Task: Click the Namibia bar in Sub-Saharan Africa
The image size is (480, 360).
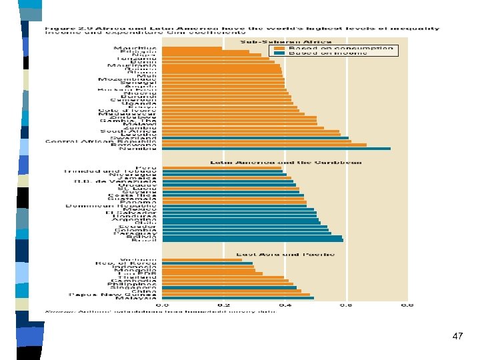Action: (x=276, y=149)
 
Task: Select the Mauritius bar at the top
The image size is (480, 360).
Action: (x=193, y=48)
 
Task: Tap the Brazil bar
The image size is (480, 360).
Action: (x=253, y=239)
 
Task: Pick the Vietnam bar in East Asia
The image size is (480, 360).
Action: (x=193, y=259)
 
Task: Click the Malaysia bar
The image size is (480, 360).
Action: (x=238, y=298)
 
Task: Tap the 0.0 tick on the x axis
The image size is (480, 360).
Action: (x=162, y=305)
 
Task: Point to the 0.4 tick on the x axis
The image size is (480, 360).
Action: (x=285, y=305)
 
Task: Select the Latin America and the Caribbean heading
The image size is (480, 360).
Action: (x=285, y=162)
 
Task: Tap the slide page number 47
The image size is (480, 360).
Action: (x=457, y=337)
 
